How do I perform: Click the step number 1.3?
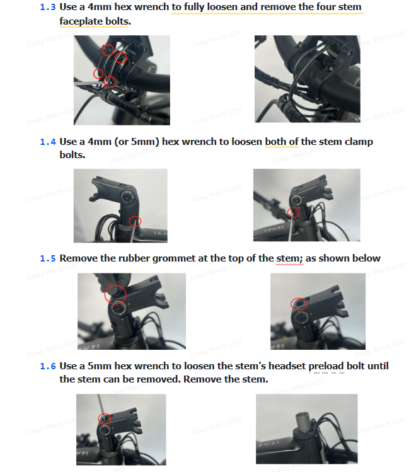tap(47, 7)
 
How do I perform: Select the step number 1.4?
tap(47, 142)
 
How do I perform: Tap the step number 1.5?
tap(47, 258)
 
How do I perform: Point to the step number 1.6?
tap(47, 366)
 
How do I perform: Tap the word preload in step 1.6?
tap(326, 366)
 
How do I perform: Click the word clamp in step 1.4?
tap(359, 142)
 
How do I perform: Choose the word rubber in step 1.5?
tap(134, 258)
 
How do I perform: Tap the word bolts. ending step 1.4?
tap(72, 155)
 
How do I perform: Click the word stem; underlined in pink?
tap(289, 258)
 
